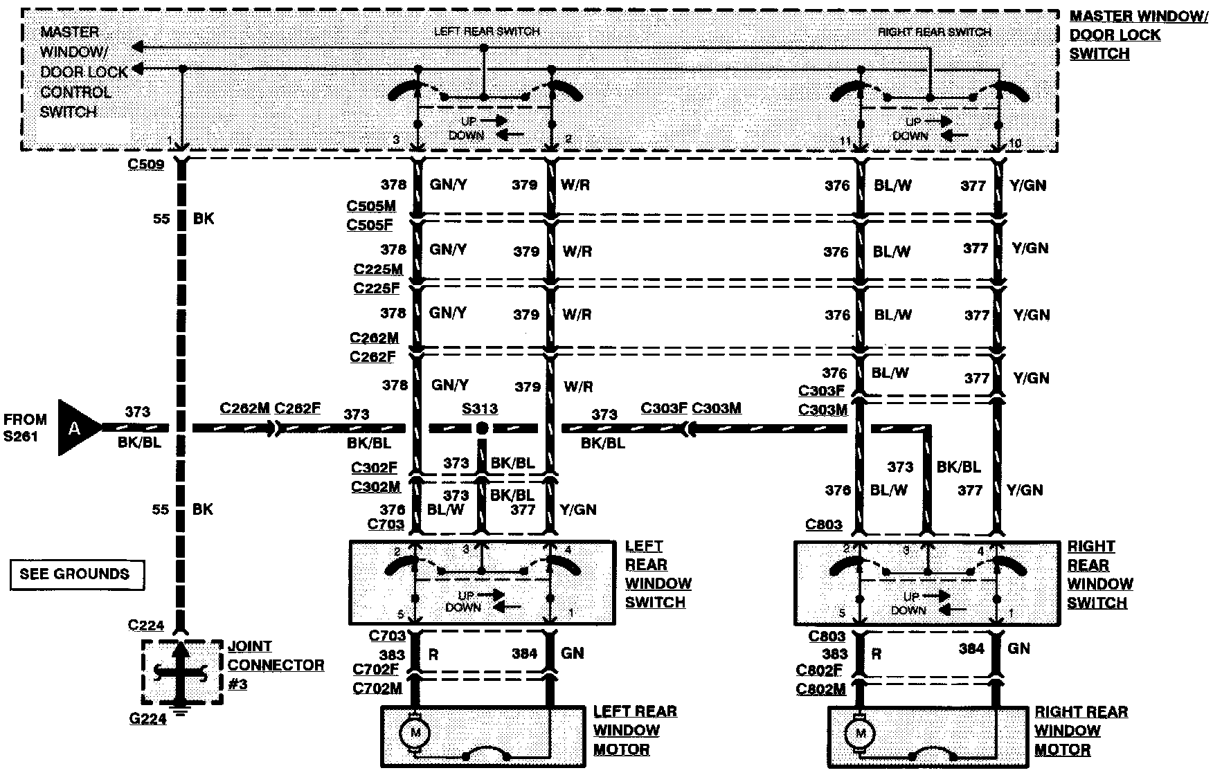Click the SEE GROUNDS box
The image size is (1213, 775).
click(75, 574)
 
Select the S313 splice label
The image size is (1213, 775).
click(480, 409)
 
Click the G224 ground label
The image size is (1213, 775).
click(148, 719)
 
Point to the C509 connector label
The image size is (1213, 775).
click(145, 165)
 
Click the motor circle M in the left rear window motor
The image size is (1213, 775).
click(415, 732)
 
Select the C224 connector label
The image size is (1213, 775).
click(146, 626)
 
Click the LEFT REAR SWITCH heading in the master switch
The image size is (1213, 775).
click(486, 31)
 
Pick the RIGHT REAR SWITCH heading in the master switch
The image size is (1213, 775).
click(934, 32)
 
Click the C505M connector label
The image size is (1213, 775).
click(371, 206)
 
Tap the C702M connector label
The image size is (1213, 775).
click(377, 688)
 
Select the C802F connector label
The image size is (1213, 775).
click(820, 670)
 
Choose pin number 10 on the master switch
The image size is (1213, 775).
click(1014, 143)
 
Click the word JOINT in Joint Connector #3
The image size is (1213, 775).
click(250, 646)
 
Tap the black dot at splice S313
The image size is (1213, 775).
click(482, 429)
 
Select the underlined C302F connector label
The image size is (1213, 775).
click(375, 468)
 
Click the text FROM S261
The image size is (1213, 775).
click(26, 428)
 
